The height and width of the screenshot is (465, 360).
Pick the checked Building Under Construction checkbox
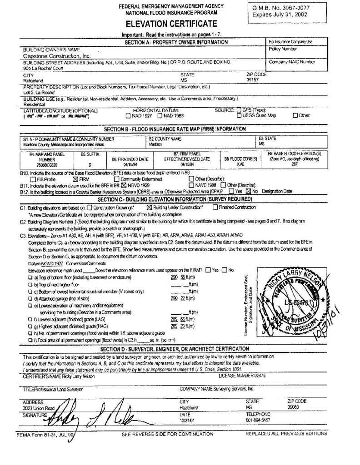[149, 207]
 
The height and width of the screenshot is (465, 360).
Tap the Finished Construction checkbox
[215, 207]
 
